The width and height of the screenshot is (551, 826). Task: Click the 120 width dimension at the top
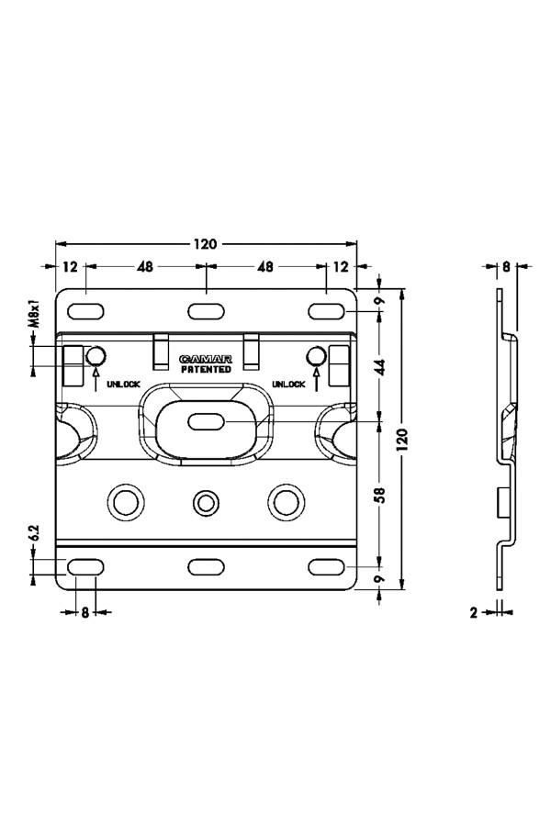click(x=205, y=244)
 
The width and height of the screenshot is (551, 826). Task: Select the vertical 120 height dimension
click(x=399, y=441)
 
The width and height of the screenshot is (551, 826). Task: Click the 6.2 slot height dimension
click(x=33, y=533)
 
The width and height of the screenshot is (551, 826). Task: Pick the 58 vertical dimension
click(x=379, y=495)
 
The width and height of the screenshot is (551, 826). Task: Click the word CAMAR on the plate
click(x=206, y=359)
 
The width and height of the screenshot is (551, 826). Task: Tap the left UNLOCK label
click(x=123, y=385)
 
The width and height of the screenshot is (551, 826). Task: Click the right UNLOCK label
click(x=287, y=385)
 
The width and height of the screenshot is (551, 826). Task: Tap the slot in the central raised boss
click(x=206, y=421)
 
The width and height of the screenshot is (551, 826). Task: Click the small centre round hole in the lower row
click(x=206, y=501)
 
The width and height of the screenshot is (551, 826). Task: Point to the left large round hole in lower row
click(x=124, y=501)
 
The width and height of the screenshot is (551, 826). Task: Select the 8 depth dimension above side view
click(x=506, y=267)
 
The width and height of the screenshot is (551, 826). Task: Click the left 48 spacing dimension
click(x=145, y=267)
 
